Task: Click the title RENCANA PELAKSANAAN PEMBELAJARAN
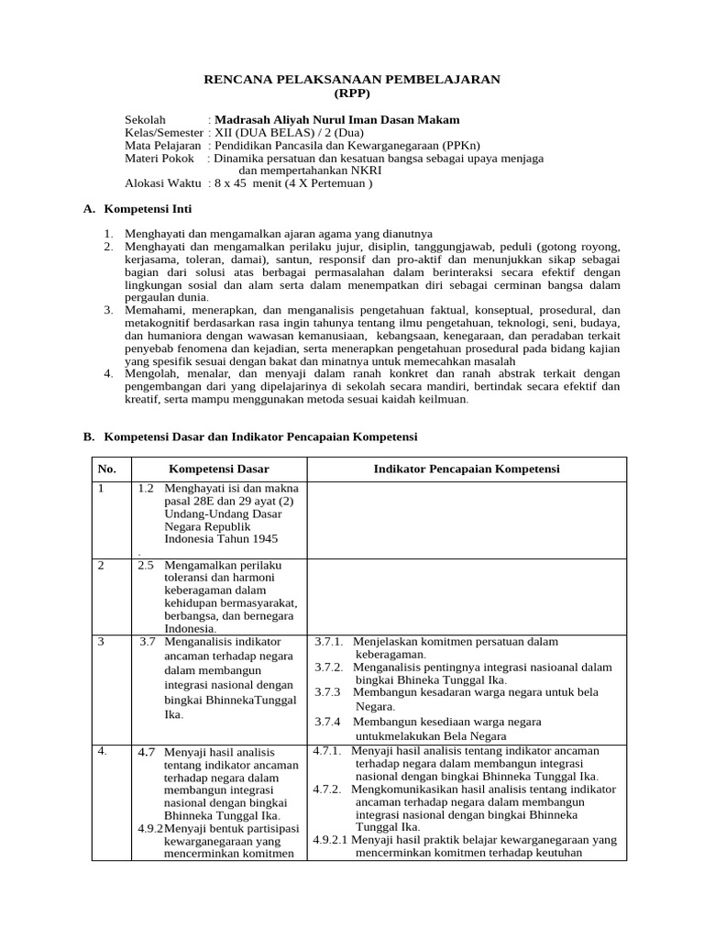[351, 80]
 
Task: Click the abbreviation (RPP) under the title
[352, 94]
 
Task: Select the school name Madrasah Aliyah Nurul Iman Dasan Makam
[336, 120]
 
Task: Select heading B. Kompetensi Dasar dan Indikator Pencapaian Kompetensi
[250, 436]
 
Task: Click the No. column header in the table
[107, 469]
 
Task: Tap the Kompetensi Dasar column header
[218, 469]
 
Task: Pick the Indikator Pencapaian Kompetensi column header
[467, 469]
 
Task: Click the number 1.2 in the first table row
[146, 489]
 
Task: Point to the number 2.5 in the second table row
[146, 565]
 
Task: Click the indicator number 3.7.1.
[328, 642]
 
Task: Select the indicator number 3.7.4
[328, 722]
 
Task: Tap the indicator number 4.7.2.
[326, 789]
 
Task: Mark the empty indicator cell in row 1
[467, 519]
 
